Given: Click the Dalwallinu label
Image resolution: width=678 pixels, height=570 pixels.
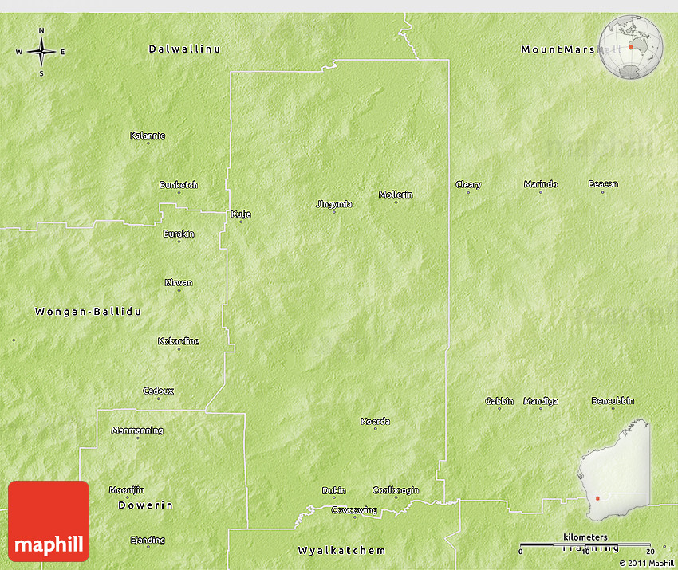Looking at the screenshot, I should tap(184, 49).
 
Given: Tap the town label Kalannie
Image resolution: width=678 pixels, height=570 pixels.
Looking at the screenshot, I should tap(148, 135).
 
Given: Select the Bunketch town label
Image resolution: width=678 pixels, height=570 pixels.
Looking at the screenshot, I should tap(178, 185).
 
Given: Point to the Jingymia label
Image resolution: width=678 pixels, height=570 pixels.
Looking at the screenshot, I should tap(333, 204).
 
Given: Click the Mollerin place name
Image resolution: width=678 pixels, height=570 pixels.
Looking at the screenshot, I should tap(396, 195).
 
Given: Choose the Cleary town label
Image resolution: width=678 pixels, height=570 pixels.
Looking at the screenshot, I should tap(468, 185).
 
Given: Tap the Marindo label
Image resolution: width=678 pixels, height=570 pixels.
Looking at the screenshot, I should tap(541, 184).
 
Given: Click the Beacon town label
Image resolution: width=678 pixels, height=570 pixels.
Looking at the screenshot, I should tap(603, 184).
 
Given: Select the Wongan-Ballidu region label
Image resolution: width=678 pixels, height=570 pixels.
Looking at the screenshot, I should tap(88, 312).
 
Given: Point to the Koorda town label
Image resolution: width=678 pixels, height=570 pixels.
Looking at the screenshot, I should tap(375, 421).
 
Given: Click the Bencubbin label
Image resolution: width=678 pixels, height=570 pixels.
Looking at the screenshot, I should tap(613, 400).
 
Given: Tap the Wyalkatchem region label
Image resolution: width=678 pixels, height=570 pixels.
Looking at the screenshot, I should tap(341, 551).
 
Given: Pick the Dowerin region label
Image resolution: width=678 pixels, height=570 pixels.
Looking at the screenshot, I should tap(145, 505).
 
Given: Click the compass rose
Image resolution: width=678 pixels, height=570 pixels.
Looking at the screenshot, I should tap(41, 52).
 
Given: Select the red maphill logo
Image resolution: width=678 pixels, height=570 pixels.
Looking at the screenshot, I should tap(49, 521).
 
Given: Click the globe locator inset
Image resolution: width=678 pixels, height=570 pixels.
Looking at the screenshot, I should tap(631, 47).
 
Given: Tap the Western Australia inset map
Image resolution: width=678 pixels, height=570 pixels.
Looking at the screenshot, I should tap(615, 474).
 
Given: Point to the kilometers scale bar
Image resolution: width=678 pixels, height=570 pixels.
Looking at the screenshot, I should tap(585, 544).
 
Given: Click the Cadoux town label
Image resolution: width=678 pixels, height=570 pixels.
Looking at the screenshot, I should tap(158, 391).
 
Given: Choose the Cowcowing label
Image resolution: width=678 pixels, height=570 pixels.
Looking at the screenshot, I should tap(354, 509).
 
